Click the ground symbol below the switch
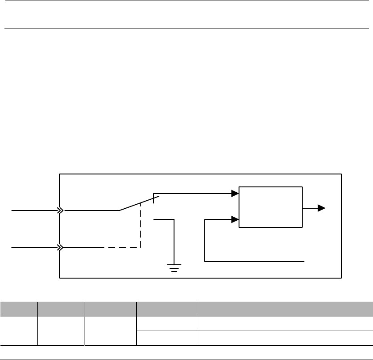174,268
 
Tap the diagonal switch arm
138,202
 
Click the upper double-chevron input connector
60,210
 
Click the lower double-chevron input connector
60,247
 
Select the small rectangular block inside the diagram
271,207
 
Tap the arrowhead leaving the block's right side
322,208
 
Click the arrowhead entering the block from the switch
235,194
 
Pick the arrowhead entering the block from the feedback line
235,219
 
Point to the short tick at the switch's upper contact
154,197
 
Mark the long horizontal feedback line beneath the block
254,260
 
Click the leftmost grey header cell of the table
19,308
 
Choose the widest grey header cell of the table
285,308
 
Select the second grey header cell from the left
61,308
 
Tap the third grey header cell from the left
110,308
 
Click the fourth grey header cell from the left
167,308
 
